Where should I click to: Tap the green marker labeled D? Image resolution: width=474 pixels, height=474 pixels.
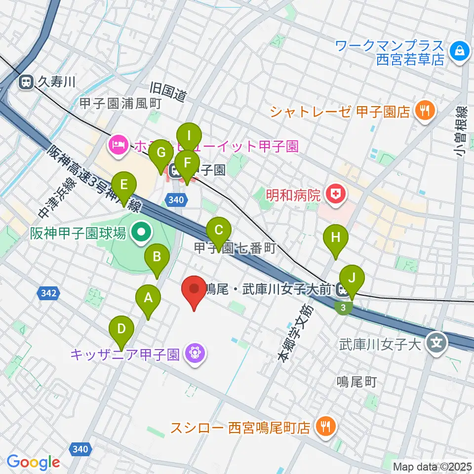click(121, 328)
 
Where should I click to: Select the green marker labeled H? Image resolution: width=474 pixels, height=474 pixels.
click(336, 237)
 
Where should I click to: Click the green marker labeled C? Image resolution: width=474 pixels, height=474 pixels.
click(219, 230)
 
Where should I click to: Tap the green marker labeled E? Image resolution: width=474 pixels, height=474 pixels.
click(123, 185)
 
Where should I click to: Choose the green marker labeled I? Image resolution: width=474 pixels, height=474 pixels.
click(190, 135)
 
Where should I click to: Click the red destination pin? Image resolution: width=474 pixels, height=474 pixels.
click(194, 289)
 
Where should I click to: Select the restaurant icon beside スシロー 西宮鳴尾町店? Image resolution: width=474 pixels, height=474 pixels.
click(325, 426)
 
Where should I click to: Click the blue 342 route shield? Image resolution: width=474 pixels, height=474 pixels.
click(48, 293)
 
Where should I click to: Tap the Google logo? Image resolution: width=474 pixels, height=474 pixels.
click(33, 462)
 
